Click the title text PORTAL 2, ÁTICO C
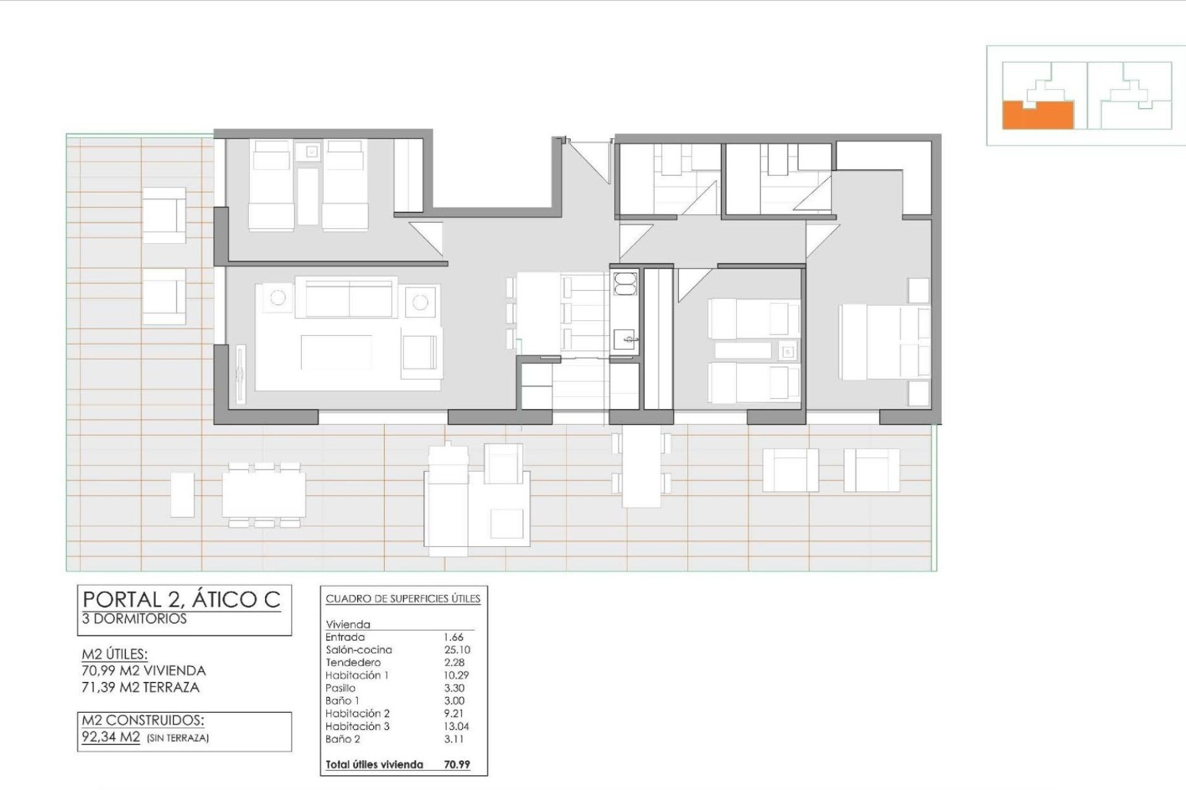182,599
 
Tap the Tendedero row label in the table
353,662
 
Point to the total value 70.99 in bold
456,764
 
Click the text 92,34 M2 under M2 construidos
111,737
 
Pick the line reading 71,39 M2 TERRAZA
141,687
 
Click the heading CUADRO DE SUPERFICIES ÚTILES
403,599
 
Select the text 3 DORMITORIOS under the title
134,618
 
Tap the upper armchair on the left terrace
164,215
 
